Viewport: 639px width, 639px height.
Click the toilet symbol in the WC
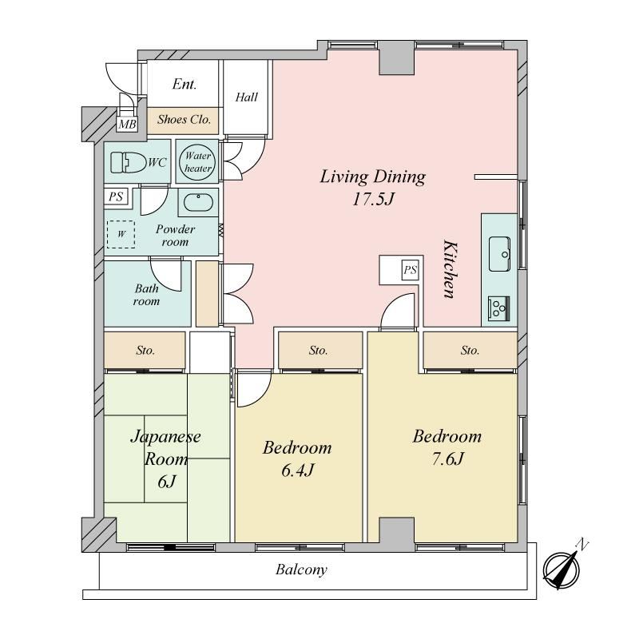tap(129, 163)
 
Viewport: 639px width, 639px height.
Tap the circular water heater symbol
tap(197, 162)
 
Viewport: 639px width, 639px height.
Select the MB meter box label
tap(127, 124)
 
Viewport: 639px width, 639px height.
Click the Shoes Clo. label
tap(184, 119)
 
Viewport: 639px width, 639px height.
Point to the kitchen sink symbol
tap(499, 253)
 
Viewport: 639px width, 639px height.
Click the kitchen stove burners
tap(498, 307)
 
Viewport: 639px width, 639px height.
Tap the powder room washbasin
tap(198, 202)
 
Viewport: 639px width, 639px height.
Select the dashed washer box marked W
tap(121, 234)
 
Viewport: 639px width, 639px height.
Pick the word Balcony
tap(301, 570)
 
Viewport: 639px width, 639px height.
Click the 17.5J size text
tap(374, 199)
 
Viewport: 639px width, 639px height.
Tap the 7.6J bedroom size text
tap(447, 459)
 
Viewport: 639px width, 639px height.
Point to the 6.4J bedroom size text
tap(297, 470)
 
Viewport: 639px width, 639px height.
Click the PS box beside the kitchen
tap(410, 270)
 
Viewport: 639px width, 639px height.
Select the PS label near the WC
tap(116, 196)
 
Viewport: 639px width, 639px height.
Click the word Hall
tap(247, 97)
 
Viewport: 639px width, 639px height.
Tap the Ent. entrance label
tap(185, 84)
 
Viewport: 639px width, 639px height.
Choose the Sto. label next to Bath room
tap(145, 351)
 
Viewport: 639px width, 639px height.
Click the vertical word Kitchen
tap(450, 269)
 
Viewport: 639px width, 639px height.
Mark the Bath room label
tap(146, 295)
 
